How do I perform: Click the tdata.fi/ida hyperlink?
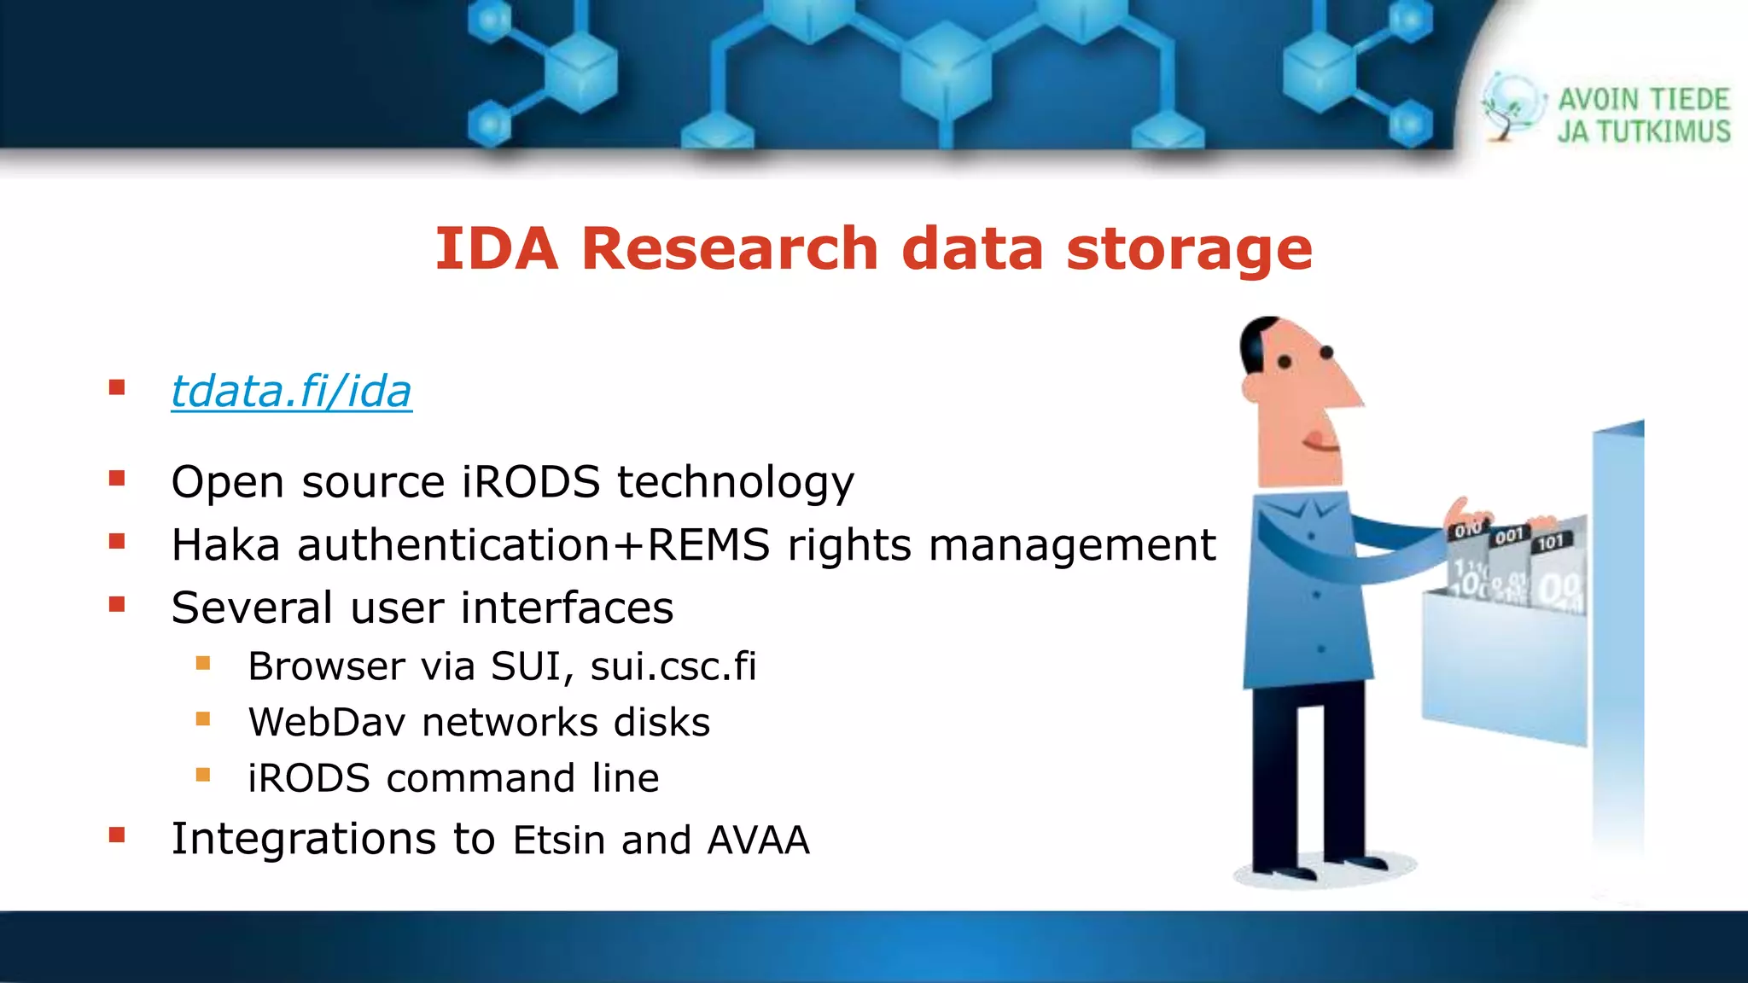(x=291, y=392)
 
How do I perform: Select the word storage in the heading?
(x=1189, y=249)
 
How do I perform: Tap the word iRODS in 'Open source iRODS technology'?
(x=531, y=481)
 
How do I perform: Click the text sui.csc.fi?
(x=673, y=666)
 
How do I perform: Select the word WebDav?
(x=327, y=722)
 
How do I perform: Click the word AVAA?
(x=758, y=840)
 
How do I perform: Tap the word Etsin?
(x=559, y=840)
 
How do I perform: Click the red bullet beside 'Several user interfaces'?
(x=117, y=605)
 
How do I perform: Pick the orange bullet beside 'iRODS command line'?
(x=203, y=775)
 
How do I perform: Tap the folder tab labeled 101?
(x=1552, y=542)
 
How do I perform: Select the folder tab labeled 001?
(x=1509, y=536)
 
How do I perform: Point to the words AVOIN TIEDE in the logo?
(x=1644, y=100)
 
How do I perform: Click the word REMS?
(x=708, y=544)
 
